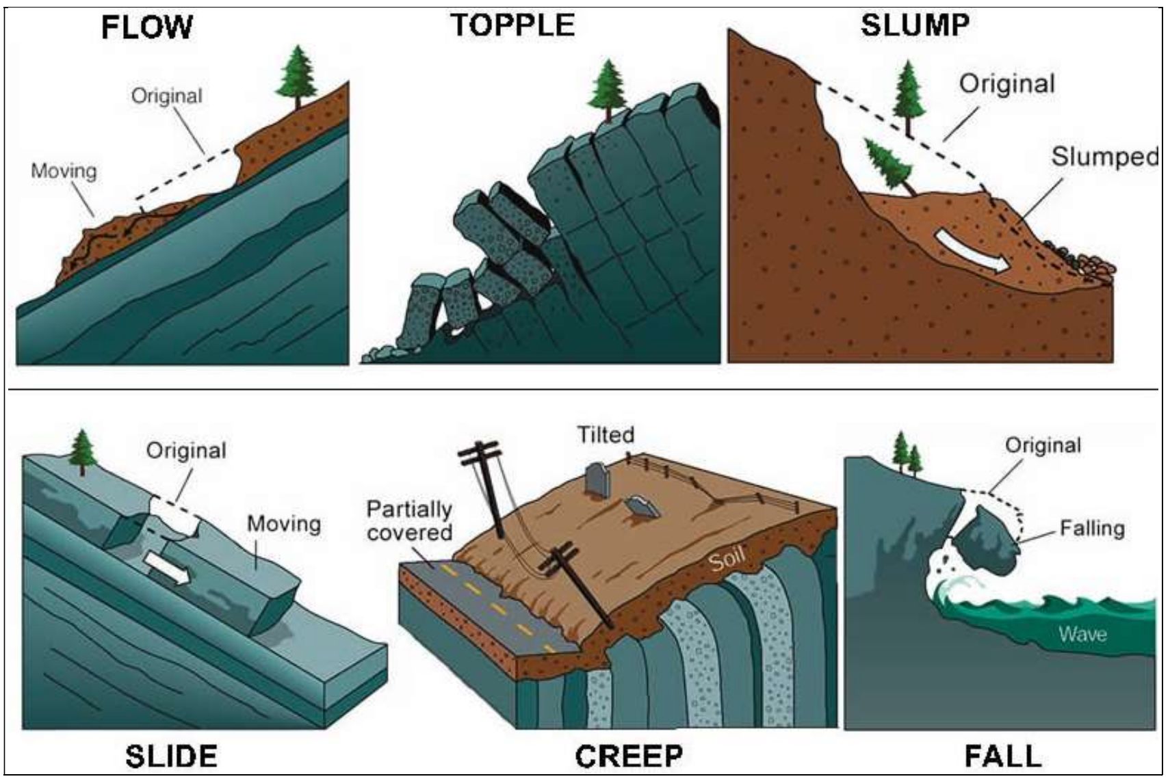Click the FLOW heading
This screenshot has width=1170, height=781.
147,28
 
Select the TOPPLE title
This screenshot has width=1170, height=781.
512,25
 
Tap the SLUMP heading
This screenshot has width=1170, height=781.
915,25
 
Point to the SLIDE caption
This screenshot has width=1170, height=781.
171,756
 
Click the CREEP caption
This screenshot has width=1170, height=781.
629,756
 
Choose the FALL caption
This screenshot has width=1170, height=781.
1003,756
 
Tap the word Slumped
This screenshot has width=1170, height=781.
1104,157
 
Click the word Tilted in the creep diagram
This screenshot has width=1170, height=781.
606,435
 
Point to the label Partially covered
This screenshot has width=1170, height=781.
409,520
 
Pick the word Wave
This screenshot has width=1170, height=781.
1083,634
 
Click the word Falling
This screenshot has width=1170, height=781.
1092,528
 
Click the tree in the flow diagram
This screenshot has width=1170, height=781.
296,76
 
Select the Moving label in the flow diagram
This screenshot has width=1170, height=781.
64,170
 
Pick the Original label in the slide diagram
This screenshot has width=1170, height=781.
186,451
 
